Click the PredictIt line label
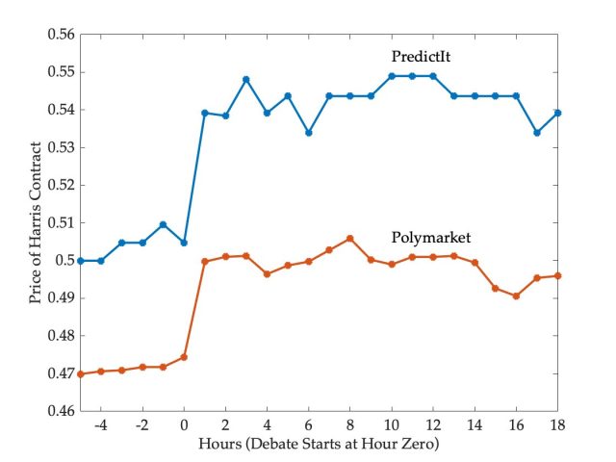422,57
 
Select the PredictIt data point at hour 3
246,79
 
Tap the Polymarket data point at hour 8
349,238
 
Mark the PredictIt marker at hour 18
557,113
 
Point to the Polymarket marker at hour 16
516,295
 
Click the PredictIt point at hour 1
204,113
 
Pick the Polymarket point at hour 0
184,357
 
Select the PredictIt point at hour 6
308,133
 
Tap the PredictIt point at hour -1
163,224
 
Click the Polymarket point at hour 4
267,273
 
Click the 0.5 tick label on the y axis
64,261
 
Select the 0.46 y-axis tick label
61,411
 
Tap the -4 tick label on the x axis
99,424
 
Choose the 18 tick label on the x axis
556,424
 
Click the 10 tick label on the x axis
391,424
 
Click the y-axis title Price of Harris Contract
36,222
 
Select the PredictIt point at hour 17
537,133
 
